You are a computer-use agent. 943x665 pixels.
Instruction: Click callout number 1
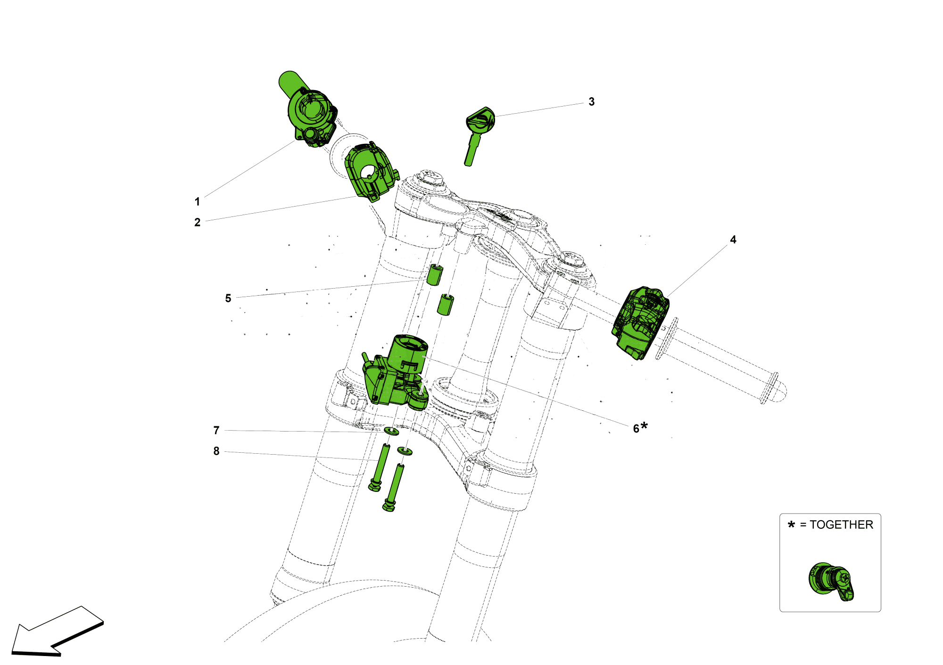coord(197,202)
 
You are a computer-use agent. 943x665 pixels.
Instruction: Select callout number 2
coord(197,223)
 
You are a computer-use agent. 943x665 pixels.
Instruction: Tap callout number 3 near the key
coord(591,102)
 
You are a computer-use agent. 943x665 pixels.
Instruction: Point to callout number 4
coord(733,240)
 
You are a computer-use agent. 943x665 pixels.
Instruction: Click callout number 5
coord(228,298)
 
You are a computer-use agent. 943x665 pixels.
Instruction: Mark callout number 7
coord(216,430)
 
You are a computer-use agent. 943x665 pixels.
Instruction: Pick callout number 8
coord(216,451)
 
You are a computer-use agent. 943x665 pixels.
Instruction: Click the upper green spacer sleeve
coord(435,275)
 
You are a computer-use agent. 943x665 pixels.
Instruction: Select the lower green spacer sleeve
coord(445,305)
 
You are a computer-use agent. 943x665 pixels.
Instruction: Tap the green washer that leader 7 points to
coord(391,432)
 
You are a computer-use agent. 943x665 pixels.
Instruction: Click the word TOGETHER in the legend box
coord(841,524)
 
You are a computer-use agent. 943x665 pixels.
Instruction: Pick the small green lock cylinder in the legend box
coord(830,581)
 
